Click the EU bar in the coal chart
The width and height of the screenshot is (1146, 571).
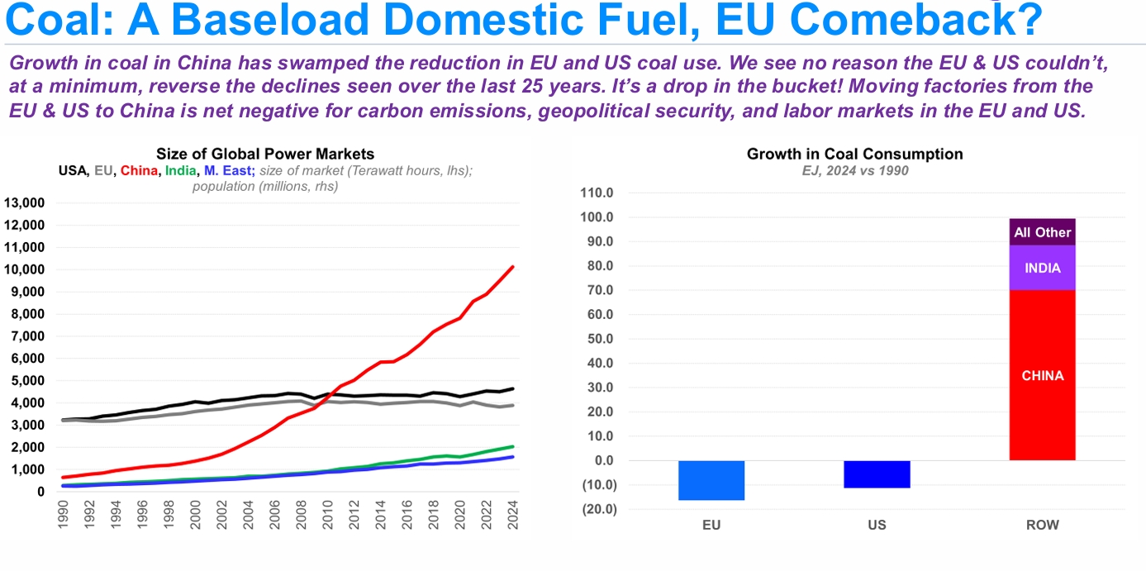pos(711,480)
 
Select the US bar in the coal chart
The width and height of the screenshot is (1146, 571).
pos(877,474)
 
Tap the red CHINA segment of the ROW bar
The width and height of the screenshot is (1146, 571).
pos(1042,375)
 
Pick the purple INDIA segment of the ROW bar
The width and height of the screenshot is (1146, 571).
pos(1042,268)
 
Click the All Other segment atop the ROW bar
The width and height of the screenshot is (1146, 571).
pos(1042,232)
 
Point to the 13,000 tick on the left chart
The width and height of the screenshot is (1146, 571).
pos(24,203)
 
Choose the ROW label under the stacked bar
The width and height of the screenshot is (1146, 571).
pos(1042,525)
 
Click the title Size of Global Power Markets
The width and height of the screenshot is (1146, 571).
pos(265,154)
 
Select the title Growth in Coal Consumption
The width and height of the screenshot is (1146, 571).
pos(854,154)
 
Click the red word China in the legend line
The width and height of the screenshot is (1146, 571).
pos(139,171)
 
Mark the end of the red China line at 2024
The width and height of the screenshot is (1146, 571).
pos(513,267)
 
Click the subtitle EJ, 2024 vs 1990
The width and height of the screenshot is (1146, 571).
pos(854,170)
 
